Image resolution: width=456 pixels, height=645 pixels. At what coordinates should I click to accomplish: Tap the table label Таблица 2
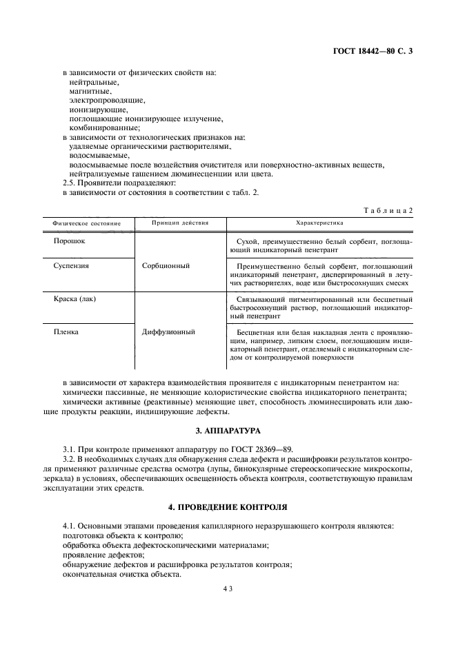click(388, 209)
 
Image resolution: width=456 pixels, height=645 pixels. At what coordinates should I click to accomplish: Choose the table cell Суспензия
click(72, 265)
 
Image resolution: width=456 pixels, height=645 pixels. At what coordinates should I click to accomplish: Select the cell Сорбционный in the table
click(167, 265)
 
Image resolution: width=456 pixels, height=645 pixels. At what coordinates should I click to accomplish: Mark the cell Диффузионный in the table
click(168, 331)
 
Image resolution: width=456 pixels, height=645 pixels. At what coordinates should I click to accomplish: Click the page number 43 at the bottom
click(228, 589)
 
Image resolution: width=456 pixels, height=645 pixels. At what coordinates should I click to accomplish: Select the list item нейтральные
click(94, 81)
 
